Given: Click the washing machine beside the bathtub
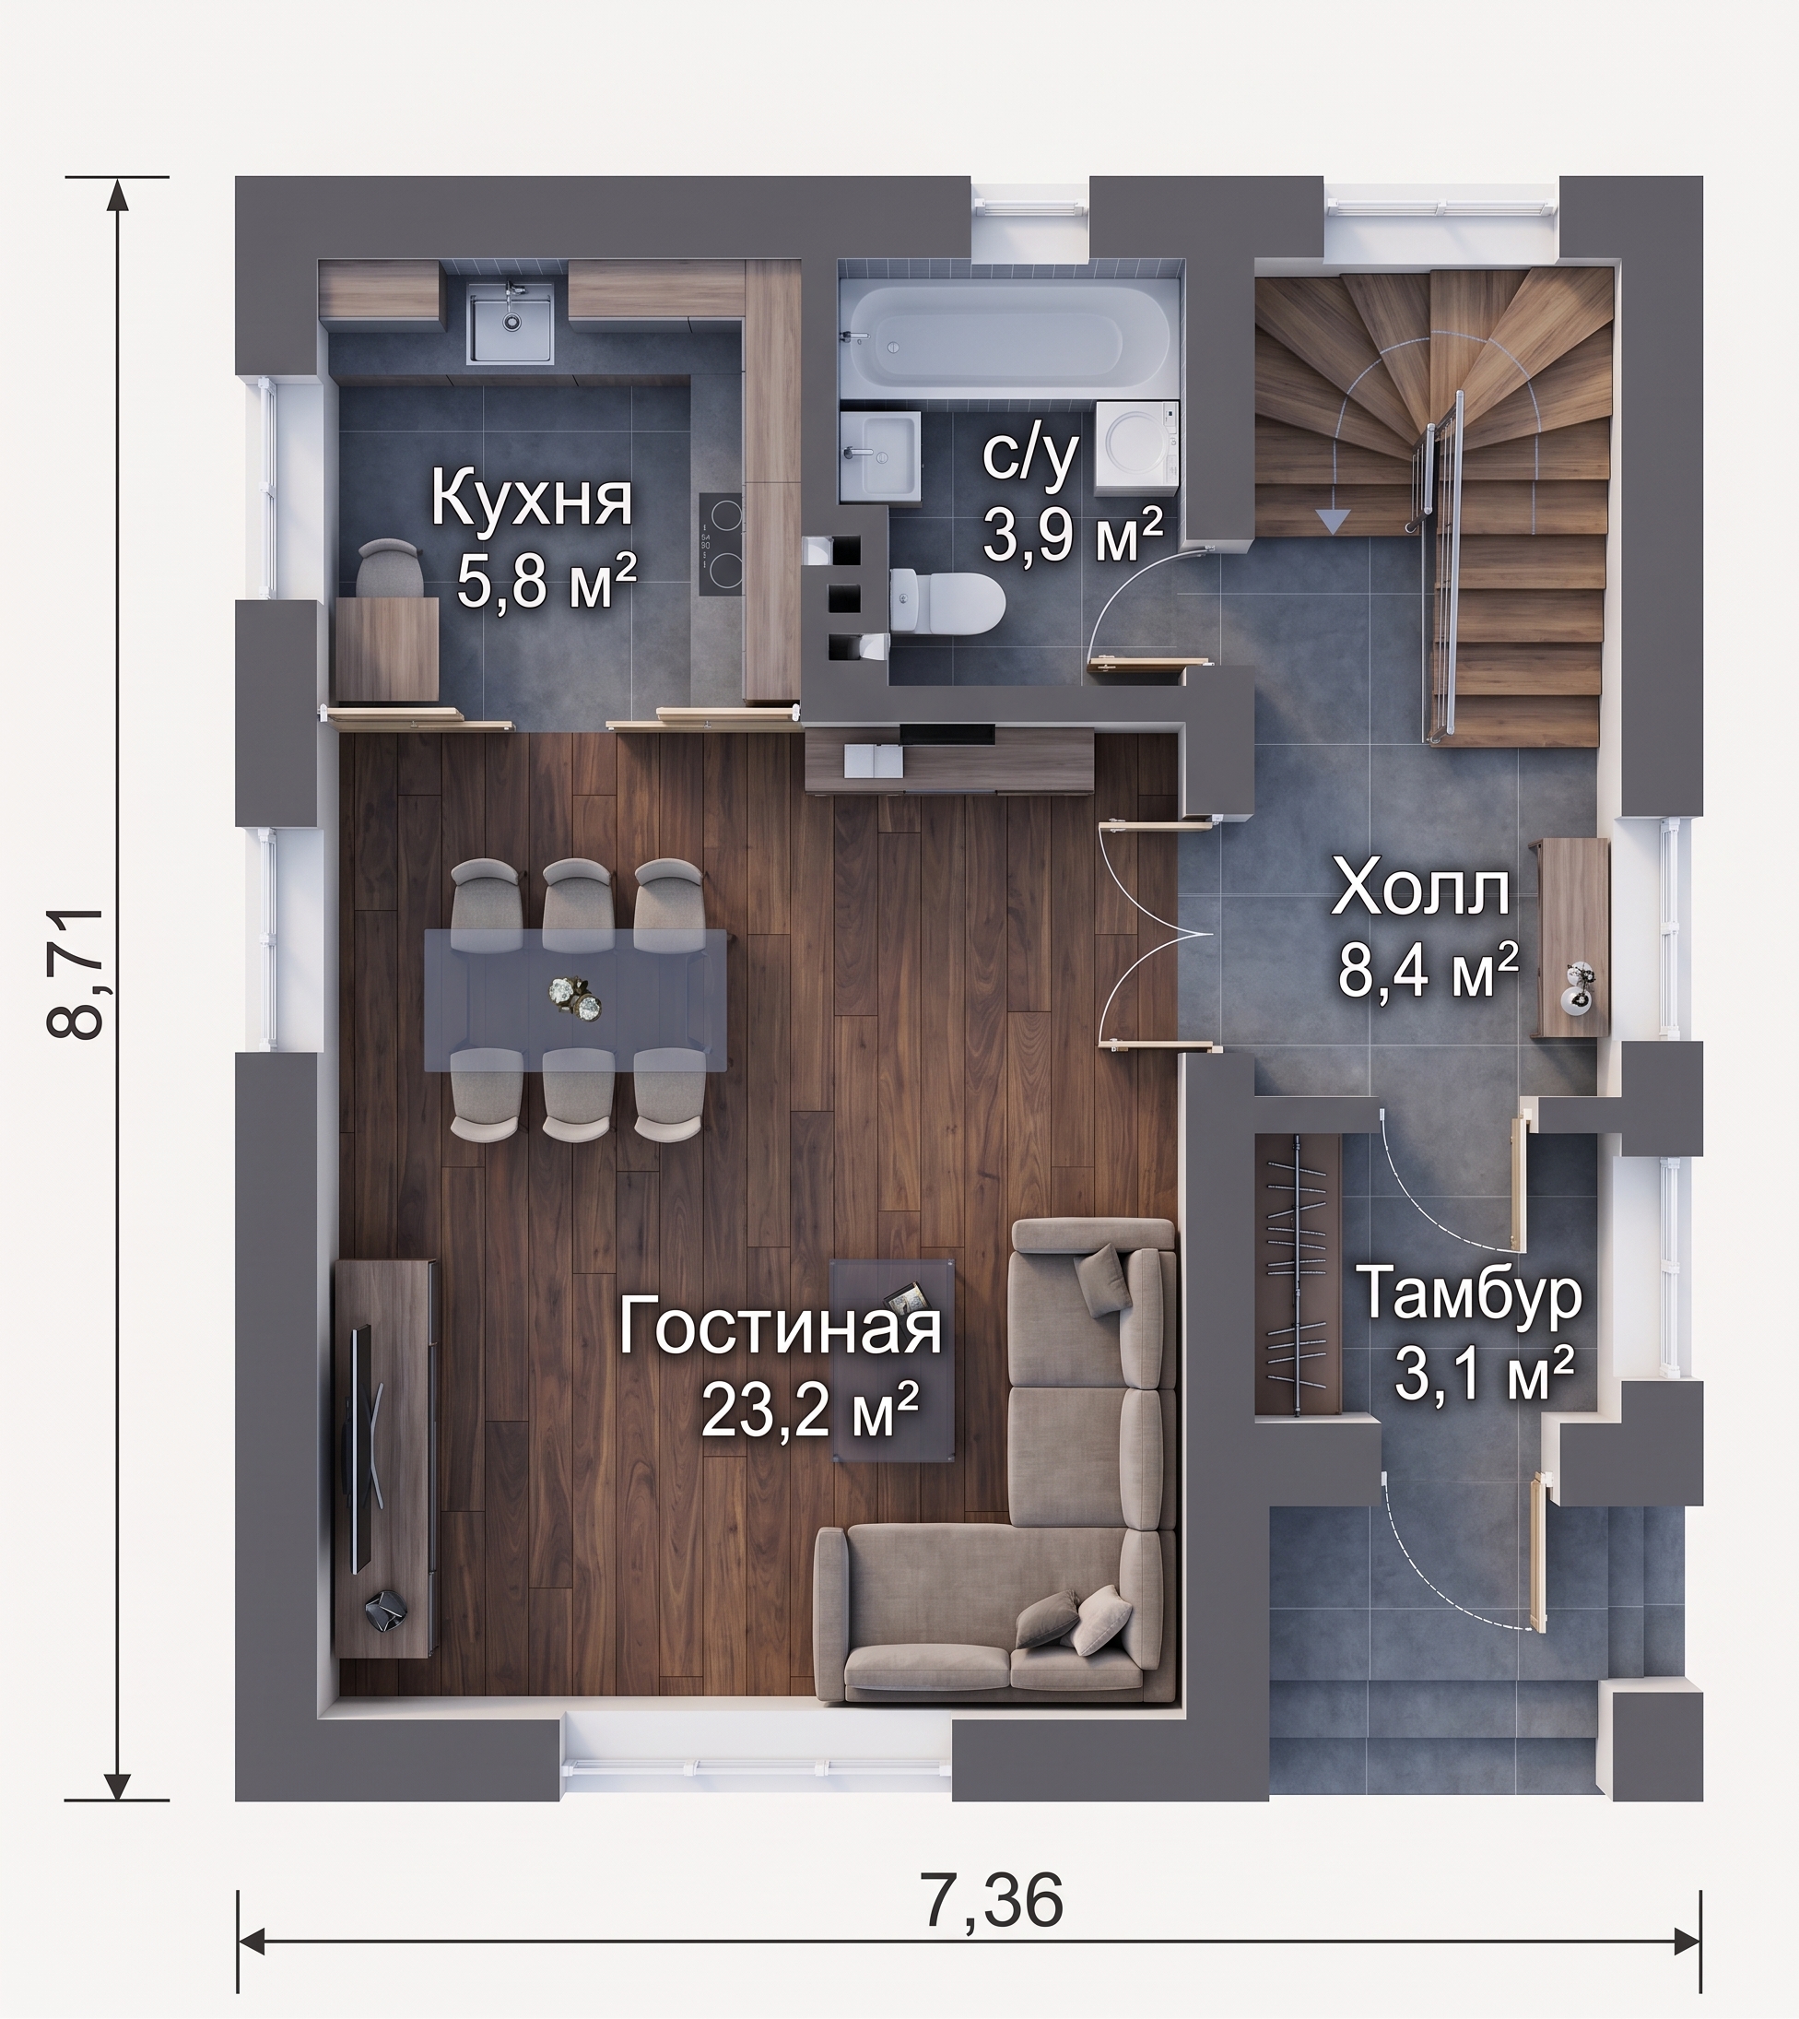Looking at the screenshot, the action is [x=1137, y=448].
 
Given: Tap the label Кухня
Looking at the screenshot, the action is [x=531, y=501].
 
